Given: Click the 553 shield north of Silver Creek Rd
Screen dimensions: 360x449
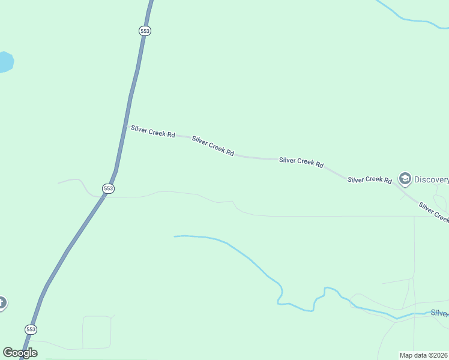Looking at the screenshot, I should pyautogui.click(x=144, y=31).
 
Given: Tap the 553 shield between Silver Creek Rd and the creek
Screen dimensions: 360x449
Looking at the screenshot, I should pyautogui.click(x=108, y=188).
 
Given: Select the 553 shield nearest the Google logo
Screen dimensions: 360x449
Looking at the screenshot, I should pyautogui.click(x=31, y=329).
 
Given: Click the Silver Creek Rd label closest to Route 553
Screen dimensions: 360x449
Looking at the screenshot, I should pyautogui.click(x=153, y=131).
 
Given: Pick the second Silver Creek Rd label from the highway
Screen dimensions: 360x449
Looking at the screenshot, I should pyautogui.click(x=212, y=146).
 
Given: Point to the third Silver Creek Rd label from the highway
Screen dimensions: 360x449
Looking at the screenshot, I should pyautogui.click(x=301, y=162).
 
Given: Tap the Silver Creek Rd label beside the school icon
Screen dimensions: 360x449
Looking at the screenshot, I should pyautogui.click(x=370, y=179).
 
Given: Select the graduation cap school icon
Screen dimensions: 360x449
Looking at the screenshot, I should pyautogui.click(x=405, y=178).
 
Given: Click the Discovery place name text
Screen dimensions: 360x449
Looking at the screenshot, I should pyautogui.click(x=431, y=179).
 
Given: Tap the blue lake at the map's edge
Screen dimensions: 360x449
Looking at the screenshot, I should pyautogui.click(x=5, y=62).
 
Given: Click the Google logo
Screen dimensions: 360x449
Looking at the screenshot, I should pyautogui.click(x=20, y=353).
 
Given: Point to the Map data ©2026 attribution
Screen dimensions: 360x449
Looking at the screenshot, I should pyautogui.click(x=424, y=355).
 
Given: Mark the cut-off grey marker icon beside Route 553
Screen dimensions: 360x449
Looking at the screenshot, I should pyautogui.click(x=2, y=303).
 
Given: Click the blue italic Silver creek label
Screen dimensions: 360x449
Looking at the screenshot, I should pyautogui.click(x=439, y=313).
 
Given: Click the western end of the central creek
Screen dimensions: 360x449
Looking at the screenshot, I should pyautogui.click(x=176, y=236).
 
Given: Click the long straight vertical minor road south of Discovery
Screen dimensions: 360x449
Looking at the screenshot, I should pyautogui.click(x=414, y=252).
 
